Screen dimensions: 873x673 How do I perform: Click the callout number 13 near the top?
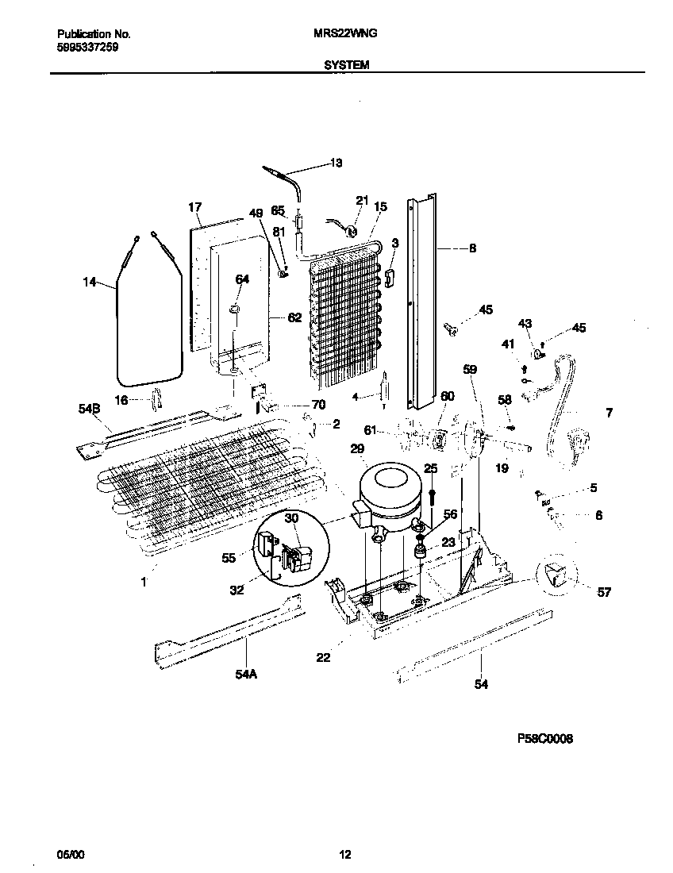point(336,163)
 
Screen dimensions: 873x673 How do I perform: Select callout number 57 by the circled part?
point(583,591)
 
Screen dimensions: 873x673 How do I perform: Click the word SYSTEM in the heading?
point(347,66)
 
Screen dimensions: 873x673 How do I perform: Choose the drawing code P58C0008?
point(545,738)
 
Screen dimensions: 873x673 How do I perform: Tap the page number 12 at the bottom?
point(344,855)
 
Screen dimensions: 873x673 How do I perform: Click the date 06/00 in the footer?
point(70,855)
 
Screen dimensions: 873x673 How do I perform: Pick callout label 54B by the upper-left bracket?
point(90,408)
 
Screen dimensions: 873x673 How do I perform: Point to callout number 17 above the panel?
point(195,208)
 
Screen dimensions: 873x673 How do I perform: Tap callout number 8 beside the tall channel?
point(472,248)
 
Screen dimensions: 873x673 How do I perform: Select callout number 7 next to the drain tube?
point(608,413)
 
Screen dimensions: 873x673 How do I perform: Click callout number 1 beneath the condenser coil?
point(144,583)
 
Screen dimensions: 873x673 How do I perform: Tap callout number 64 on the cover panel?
point(242,279)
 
